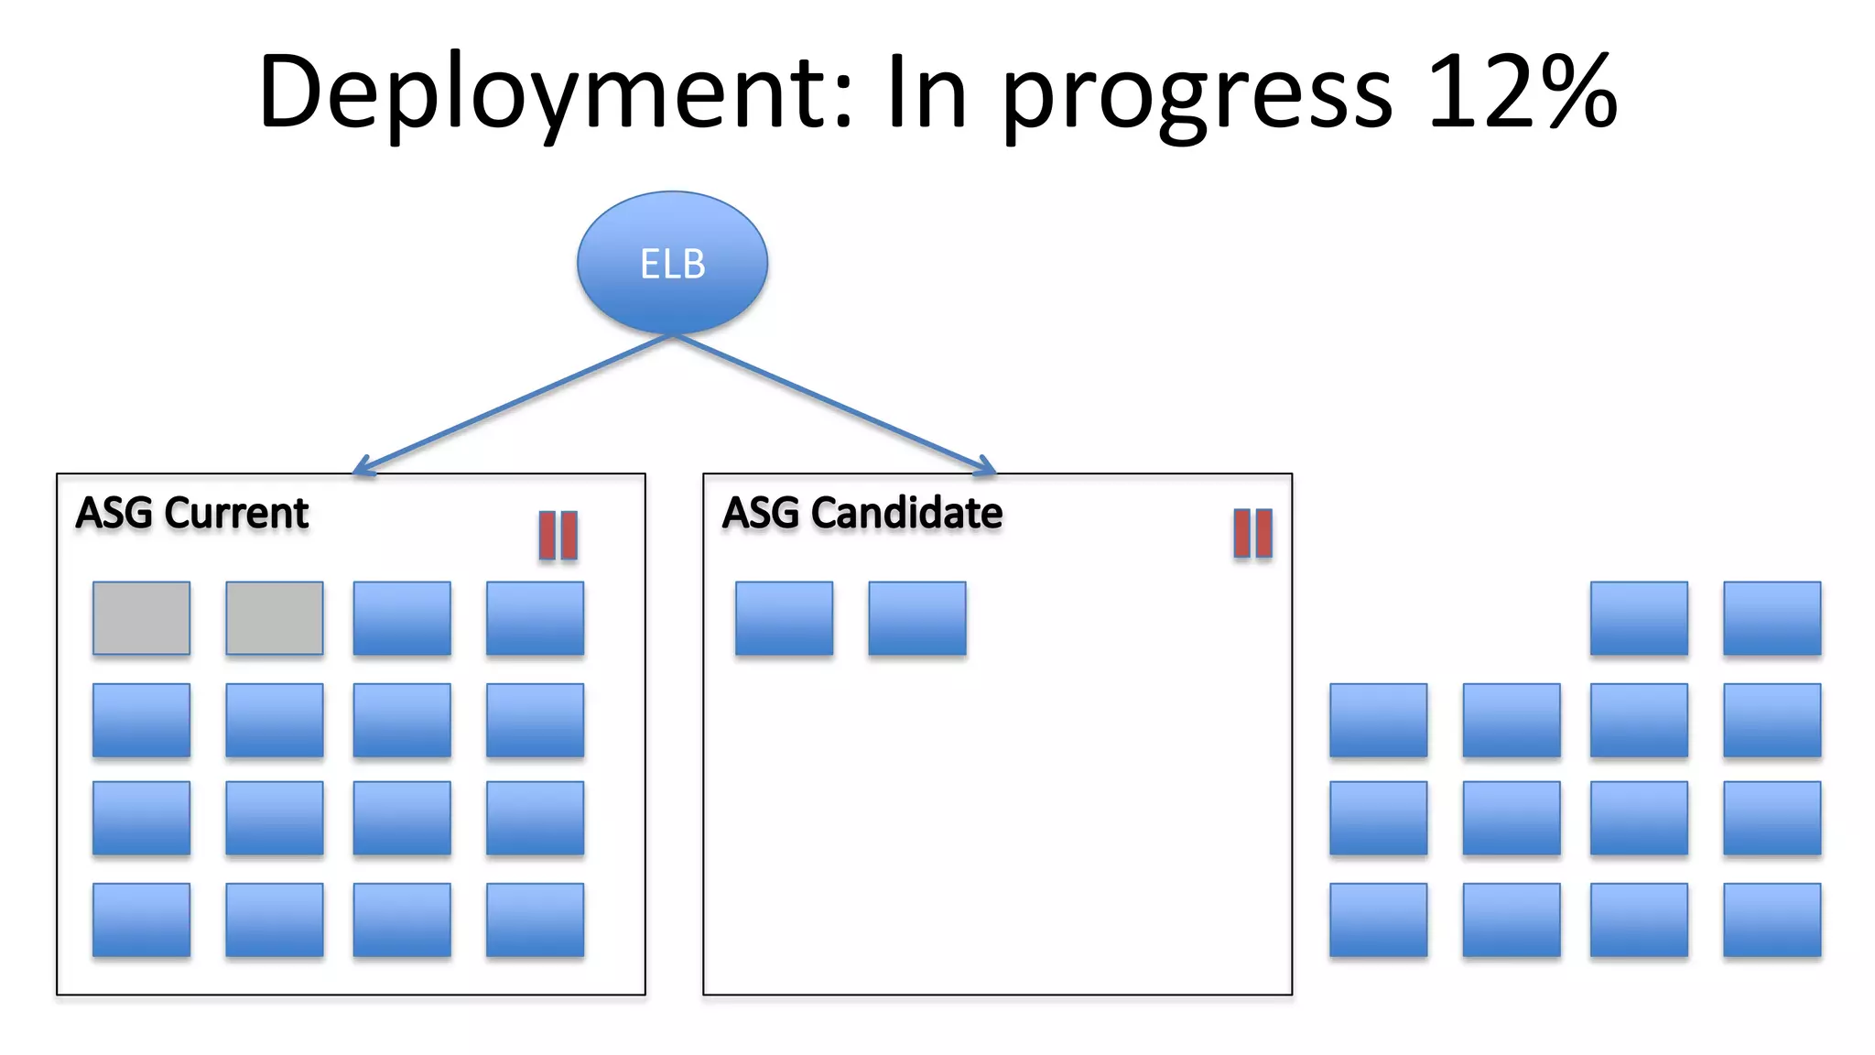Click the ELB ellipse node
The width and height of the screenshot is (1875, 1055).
point(672,263)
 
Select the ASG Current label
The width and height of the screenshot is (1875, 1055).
point(192,513)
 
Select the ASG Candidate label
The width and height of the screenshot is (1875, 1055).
point(862,513)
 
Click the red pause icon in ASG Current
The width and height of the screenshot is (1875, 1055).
point(558,535)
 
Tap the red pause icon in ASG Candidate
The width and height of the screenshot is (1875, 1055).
point(1252,533)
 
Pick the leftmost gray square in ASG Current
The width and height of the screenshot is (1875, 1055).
point(141,618)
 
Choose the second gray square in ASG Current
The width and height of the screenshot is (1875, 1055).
point(275,618)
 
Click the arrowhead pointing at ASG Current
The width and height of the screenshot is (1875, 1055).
point(361,467)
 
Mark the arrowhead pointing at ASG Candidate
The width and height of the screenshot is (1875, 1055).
point(986,467)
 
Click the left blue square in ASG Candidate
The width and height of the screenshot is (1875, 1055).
point(784,618)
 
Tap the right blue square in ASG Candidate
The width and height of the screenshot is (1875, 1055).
point(916,618)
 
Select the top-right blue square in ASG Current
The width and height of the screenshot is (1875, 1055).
point(535,618)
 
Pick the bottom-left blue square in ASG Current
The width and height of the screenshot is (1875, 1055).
point(141,919)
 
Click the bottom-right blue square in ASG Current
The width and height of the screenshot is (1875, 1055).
point(535,919)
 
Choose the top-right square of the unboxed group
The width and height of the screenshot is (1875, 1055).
point(1772,618)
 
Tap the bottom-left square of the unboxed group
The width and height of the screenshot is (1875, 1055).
point(1378,919)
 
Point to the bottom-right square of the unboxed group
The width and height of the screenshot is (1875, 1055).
point(1772,919)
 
